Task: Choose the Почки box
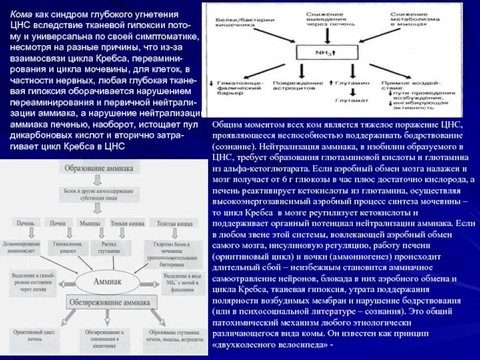tap(58, 223)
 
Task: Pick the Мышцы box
tap(90, 223)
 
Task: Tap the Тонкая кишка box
tap(124, 223)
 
